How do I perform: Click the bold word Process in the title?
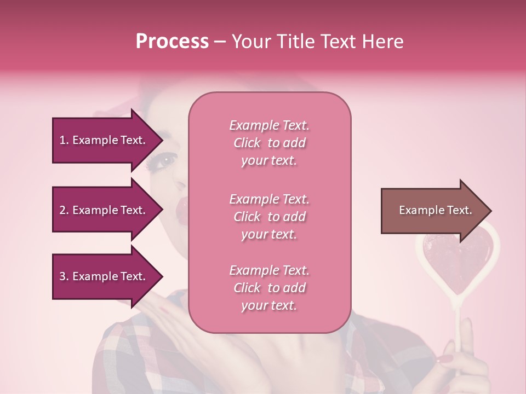[172, 42]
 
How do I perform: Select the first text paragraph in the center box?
[269, 143]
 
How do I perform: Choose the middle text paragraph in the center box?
[269, 217]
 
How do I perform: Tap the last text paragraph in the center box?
[269, 288]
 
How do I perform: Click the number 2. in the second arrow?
[64, 211]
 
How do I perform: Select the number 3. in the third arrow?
[64, 277]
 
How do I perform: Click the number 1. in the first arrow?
[64, 141]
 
